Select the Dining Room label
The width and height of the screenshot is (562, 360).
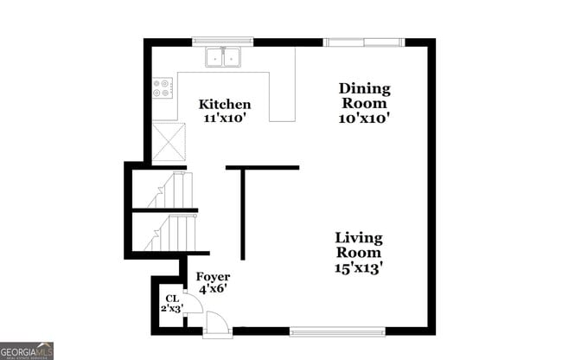(x=364, y=95)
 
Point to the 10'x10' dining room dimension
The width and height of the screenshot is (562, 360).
(x=364, y=119)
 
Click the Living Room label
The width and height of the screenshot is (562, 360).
(x=359, y=245)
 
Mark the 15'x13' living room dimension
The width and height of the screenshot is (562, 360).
(x=359, y=268)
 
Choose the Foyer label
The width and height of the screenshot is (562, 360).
(x=214, y=277)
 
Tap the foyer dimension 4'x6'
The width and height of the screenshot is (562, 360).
(x=214, y=290)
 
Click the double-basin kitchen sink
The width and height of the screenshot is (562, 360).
(x=224, y=57)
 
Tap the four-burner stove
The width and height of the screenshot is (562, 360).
(x=163, y=87)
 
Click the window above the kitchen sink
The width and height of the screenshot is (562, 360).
(x=223, y=41)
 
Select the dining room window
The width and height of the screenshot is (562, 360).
(x=363, y=41)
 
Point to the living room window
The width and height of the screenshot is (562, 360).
(x=337, y=331)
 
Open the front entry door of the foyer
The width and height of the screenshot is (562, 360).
(x=218, y=324)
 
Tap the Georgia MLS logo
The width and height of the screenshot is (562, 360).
(x=27, y=350)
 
